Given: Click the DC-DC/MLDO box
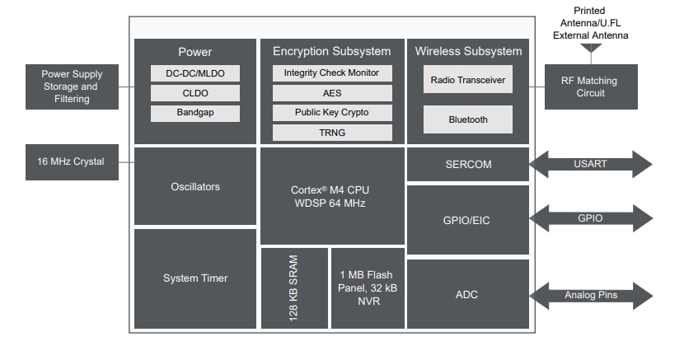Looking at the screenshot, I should [x=196, y=73].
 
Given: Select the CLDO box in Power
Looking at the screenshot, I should [x=196, y=93].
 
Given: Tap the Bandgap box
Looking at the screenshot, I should [x=196, y=113].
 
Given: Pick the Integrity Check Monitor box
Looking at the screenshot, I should [x=331, y=72].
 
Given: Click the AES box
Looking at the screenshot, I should [x=331, y=92].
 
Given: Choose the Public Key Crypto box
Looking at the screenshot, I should [x=331, y=112].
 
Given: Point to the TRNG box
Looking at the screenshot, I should [x=331, y=132].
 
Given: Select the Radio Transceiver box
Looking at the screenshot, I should [x=468, y=80].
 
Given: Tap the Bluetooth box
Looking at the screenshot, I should [x=468, y=119].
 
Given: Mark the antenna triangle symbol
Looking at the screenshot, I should [x=591, y=50].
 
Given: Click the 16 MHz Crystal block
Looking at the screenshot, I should [x=71, y=161].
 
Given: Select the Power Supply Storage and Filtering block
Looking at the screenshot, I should [x=71, y=86].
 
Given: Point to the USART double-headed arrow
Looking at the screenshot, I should [x=591, y=164].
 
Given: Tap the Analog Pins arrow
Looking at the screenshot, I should [x=591, y=295].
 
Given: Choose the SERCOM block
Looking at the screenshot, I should [x=467, y=164].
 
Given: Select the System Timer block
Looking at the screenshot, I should [x=195, y=278].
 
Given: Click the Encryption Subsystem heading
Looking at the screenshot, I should [x=331, y=51].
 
